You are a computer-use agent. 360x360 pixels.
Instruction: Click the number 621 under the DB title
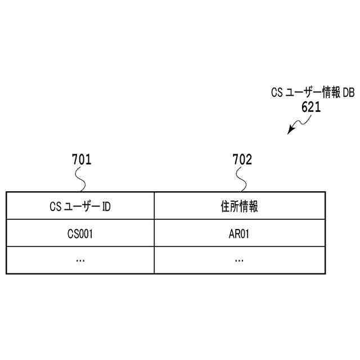[311, 107]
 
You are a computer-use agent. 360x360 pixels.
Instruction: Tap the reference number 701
[82, 160]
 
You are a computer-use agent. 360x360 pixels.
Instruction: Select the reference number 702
[242, 160]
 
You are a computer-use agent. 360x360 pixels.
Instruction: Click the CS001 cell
[79, 233]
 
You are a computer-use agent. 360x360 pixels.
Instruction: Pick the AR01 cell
[239, 233]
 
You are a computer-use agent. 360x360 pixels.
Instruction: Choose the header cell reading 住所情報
[239, 206]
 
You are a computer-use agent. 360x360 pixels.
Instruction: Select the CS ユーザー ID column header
[79, 206]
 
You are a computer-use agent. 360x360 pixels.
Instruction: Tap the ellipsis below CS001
[79, 260]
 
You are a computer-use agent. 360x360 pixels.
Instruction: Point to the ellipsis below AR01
[239, 260]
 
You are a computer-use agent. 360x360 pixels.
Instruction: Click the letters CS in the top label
[276, 93]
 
